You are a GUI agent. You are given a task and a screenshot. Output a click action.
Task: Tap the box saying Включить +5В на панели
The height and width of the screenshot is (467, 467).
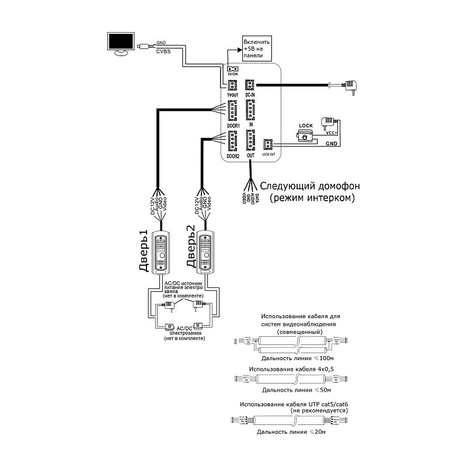[x=257, y=50]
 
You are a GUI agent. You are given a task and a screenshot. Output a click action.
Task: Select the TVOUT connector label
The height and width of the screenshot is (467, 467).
[x=232, y=95]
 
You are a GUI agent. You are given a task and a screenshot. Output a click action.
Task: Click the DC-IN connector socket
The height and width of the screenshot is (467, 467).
[x=250, y=85]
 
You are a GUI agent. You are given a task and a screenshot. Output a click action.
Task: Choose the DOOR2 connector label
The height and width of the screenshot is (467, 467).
[x=233, y=156]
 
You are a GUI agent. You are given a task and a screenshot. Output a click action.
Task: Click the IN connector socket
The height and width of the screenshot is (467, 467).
[x=251, y=110]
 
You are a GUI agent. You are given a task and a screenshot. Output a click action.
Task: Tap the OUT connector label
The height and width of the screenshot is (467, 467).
[x=250, y=156]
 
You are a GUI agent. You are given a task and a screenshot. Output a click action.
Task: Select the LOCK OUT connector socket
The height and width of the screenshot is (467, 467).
[x=269, y=144]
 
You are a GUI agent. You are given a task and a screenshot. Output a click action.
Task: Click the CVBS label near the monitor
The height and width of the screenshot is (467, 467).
[x=163, y=51]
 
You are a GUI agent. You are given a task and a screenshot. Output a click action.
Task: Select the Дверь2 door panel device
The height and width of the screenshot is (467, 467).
[x=205, y=252]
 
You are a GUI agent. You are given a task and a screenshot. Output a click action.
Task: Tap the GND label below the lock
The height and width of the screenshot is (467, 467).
[x=331, y=143]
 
